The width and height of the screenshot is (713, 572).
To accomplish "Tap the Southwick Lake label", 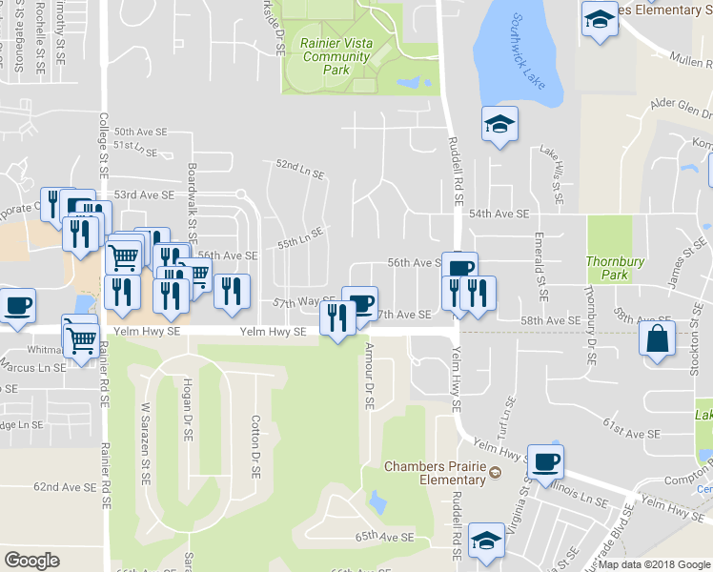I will click(x=527, y=51).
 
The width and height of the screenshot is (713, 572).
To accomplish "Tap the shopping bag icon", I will click(x=658, y=338).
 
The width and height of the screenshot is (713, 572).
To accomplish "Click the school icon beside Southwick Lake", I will click(x=499, y=125).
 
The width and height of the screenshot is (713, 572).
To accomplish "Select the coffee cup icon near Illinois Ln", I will click(x=545, y=462).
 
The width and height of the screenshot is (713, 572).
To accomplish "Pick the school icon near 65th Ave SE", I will click(x=486, y=541).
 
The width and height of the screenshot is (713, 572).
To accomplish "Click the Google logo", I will click(x=31, y=561).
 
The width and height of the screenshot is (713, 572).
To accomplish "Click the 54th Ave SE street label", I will click(x=499, y=214).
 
